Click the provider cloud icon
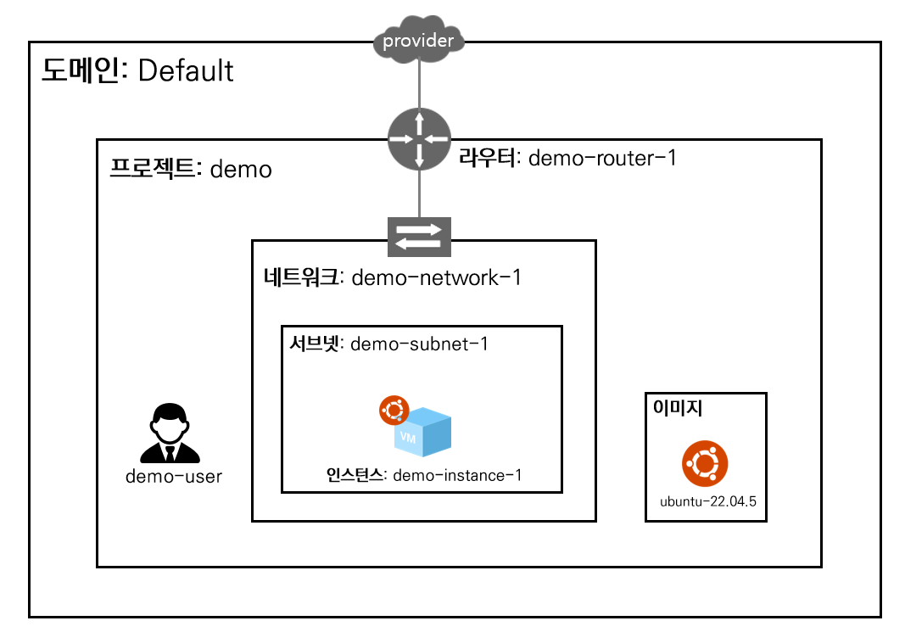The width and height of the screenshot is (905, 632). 419,40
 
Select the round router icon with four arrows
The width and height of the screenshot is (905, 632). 419,138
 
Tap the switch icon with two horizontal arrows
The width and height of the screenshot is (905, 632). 419,237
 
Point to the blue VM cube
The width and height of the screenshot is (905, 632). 424,433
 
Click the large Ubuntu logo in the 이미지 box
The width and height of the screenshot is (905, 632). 704,464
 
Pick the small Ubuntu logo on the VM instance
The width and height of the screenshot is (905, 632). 394,411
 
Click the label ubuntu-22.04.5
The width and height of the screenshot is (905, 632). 707,501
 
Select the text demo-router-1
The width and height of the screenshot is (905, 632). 602,158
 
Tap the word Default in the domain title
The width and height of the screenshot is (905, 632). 186,71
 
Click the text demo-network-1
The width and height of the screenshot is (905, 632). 435,277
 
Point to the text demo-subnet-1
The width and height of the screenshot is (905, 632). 419,344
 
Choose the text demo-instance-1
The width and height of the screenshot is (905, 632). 457,475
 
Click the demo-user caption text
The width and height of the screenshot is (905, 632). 174,476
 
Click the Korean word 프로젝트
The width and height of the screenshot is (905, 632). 153,169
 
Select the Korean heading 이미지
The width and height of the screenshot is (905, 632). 677,407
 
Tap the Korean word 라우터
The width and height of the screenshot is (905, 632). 488,158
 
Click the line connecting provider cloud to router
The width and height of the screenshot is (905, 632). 419,85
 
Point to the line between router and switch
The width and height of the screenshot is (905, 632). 419,193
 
